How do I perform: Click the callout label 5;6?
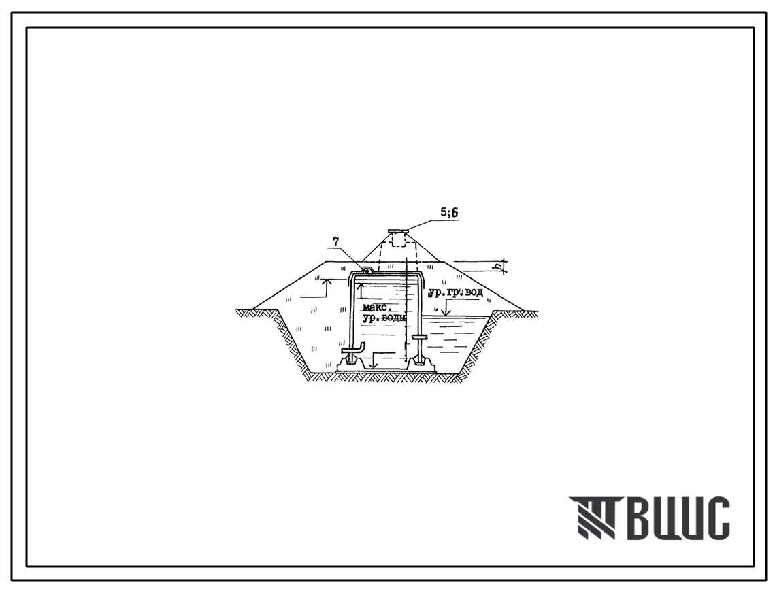tap(449, 212)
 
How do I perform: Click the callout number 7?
tap(337, 241)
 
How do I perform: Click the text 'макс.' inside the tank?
tap(377, 308)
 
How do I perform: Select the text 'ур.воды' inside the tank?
tap(384, 319)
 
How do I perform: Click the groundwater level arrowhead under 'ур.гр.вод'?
tap(445, 311)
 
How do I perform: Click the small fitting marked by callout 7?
tap(367, 270)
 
